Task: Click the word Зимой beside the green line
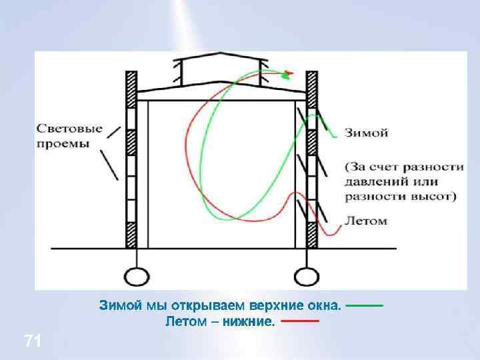[x=366, y=133]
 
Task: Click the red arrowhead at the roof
[x=289, y=74]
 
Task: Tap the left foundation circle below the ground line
[x=137, y=275]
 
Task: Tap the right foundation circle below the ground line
[x=306, y=275]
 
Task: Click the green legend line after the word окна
[x=365, y=306]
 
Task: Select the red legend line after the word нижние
[x=299, y=321]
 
